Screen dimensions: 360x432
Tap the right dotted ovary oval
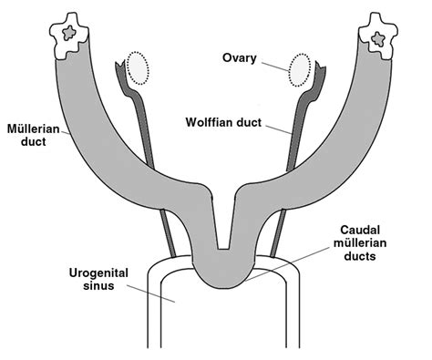point(302,69)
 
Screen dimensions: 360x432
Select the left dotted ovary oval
point(138,67)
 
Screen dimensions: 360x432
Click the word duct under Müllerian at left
point(21,143)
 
